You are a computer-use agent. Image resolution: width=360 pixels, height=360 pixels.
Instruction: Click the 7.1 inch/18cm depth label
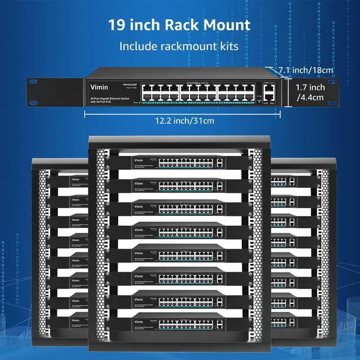pyautogui.click(x=308, y=70)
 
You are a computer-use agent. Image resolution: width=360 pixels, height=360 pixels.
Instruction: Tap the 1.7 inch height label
pyautogui.click(x=310, y=87)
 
